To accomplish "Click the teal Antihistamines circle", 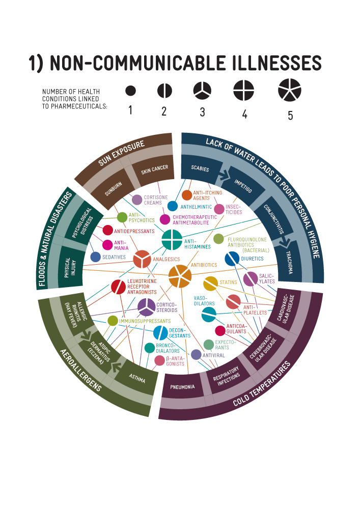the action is (x=171, y=240).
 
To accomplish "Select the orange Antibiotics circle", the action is (x=180, y=276).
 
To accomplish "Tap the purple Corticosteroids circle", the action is (x=146, y=307).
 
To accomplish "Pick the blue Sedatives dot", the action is (x=95, y=257).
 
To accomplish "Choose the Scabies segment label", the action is (x=200, y=168).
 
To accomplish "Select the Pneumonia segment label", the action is (x=182, y=387).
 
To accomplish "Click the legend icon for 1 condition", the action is (x=131, y=91).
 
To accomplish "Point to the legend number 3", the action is (x=202, y=112).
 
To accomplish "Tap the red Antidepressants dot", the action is (x=108, y=230).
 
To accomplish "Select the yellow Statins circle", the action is (x=210, y=284).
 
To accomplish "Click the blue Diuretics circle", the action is (x=232, y=259).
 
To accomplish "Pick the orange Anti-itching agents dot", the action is (x=187, y=195).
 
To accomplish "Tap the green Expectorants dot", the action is (x=208, y=345).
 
